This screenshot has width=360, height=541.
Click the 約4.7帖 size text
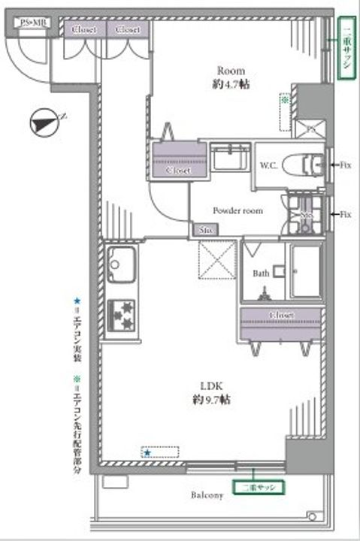[228, 85]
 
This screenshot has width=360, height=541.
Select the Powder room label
[237, 211]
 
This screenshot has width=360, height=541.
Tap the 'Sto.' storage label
[205, 230]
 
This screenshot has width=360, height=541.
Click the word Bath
[260, 274]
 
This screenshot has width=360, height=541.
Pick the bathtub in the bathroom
[306, 270]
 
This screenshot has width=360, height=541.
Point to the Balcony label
[207, 497]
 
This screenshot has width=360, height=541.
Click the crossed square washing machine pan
[217, 260]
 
